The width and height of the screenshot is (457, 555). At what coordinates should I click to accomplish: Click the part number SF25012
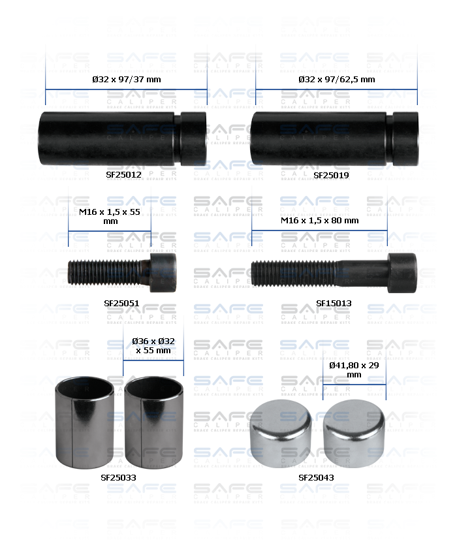click(123, 175)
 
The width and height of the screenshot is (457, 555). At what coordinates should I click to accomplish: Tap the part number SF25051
click(122, 303)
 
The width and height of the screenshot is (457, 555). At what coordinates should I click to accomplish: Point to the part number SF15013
click(334, 303)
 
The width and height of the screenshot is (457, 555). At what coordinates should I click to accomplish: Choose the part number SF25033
click(118, 477)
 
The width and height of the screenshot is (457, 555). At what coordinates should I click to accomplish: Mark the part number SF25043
click(316, 477)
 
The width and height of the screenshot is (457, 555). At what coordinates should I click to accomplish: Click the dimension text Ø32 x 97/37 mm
click(126, 79)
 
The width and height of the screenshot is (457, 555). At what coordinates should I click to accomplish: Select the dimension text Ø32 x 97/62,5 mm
click(336, 79)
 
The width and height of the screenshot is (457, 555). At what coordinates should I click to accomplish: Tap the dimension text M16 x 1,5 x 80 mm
click(320, 220)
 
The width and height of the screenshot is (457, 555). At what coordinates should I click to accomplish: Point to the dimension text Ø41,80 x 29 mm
click(354, 370)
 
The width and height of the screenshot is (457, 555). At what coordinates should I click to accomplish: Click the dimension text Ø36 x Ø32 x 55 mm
click(153, 345)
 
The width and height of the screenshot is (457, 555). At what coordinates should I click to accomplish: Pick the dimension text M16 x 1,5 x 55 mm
click(110, 216)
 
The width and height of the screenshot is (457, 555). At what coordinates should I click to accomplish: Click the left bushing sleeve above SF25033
click(85, 420)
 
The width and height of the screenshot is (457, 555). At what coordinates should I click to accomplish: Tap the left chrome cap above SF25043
click(281, 430)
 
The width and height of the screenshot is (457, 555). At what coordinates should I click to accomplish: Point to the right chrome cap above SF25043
click(353, 430)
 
